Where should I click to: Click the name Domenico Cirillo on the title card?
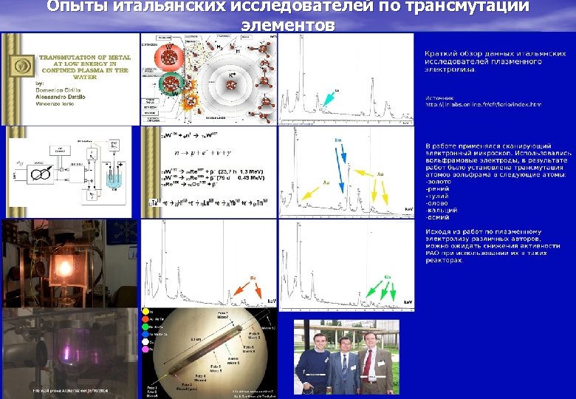click(x=60, y=90)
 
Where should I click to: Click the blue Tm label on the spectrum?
click(x=338, y=140)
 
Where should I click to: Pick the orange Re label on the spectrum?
click(x=252, y=278)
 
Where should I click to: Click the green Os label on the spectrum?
click(x=386, y=276)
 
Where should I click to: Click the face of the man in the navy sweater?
click(x=319, y=342)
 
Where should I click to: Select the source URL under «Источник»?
click(x=482, y=104)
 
